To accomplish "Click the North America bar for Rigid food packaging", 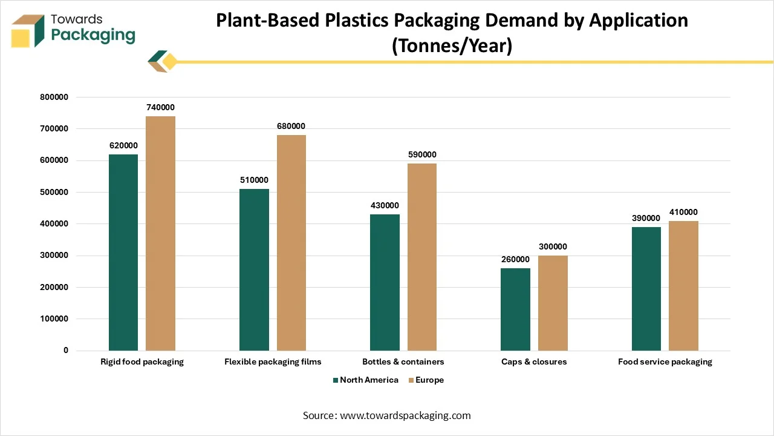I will tap(123, 253).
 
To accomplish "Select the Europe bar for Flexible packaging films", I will tap(291, 243).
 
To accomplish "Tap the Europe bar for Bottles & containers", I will tap(422, 257).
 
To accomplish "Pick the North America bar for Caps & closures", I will tap(516, 309).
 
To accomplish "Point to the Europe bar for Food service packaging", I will tap(683, 286).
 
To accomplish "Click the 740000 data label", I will tap(160, 107).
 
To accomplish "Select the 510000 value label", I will tap(254, 180).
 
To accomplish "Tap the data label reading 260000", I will tap(515, 259).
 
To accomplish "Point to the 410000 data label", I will tap(683, 212).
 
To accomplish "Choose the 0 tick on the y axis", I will tap(66, 351).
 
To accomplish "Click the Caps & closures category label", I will tap(534, 362).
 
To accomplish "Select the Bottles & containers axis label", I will tap(403, 362).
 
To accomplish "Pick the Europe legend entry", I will tap(429, 380).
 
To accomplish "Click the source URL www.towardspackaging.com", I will tap(405, 415).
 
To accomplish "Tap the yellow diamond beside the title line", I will tap(170, 62).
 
